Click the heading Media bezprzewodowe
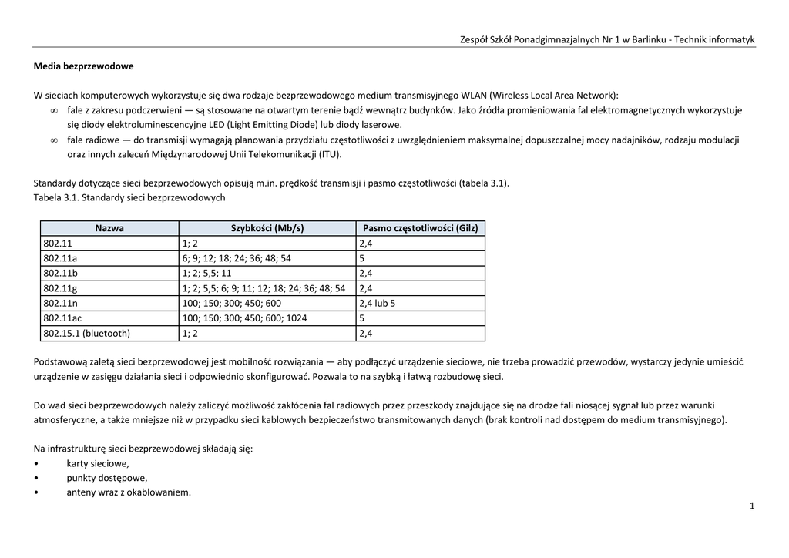(x=83, y=66)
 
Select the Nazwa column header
(x=109, y=228)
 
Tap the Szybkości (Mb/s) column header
(x=267, y=228)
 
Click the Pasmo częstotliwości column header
(x=420, y=228)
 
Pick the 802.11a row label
(x=61, y=258)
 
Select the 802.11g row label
(x=61, y=288)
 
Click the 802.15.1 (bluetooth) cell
(x=87, y=334)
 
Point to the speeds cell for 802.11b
(x=206, y=273)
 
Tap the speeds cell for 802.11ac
(x=244, y=318)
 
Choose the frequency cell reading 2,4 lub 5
(x=377, y=303)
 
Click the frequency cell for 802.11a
(x=361, y=258)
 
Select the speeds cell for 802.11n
(x=231, y=303)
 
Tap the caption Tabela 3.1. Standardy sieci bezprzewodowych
(x=129, y=198)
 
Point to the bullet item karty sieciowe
(x=98, y=463)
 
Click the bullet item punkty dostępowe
(x=106, y=478)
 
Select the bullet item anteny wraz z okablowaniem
(x=129, y=492)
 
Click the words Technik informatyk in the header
(x=714, y=39)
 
